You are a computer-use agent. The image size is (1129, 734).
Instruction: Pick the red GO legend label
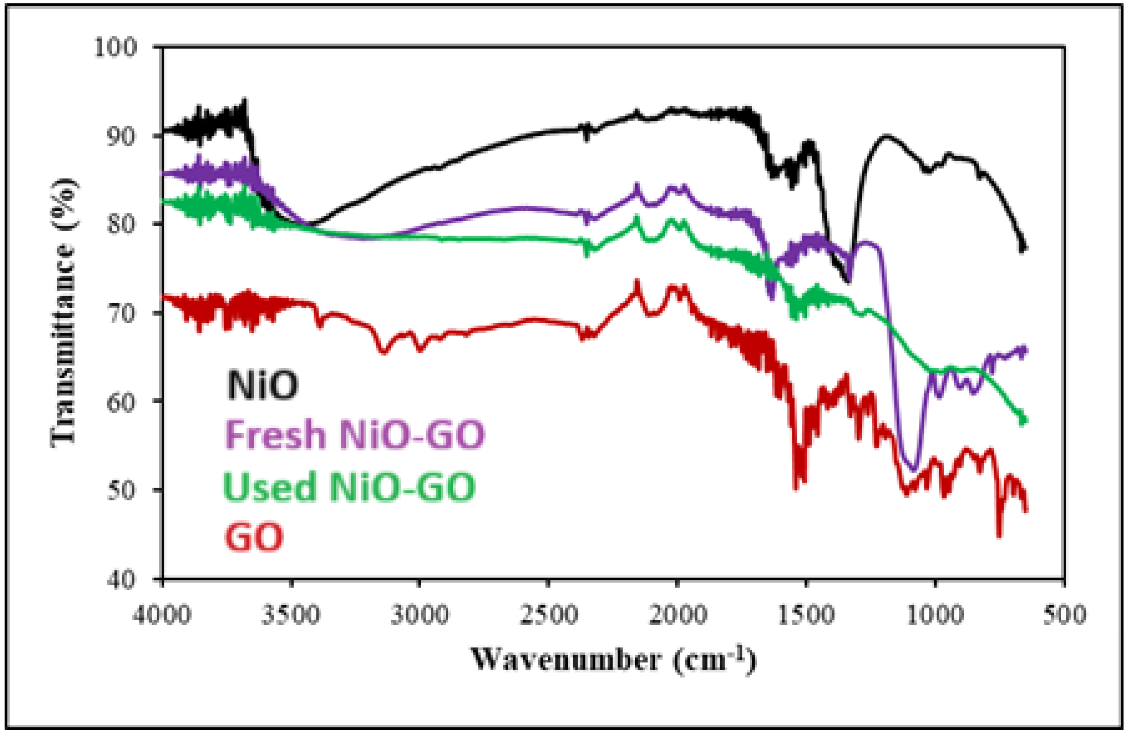(x=254, y=537)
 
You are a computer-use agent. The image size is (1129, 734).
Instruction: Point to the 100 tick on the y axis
(x=116, y=47)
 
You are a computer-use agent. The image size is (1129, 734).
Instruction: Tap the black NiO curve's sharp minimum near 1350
(x=848, y=281)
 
